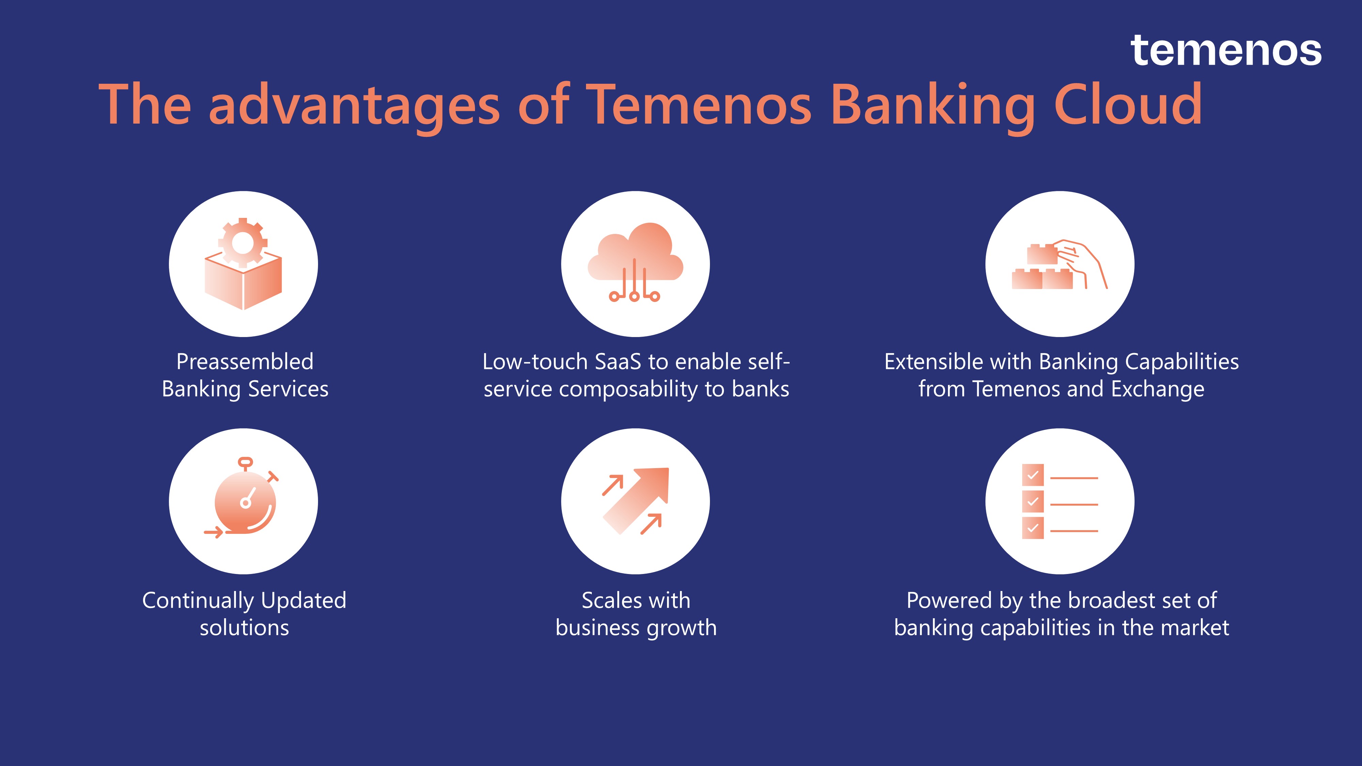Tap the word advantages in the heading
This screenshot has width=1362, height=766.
point(354,108)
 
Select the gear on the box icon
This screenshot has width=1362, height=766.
point(243,243)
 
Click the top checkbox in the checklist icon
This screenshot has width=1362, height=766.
point(1033,475)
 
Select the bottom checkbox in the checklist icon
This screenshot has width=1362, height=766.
point(1033,528)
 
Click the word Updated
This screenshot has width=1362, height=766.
point(303,601)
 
